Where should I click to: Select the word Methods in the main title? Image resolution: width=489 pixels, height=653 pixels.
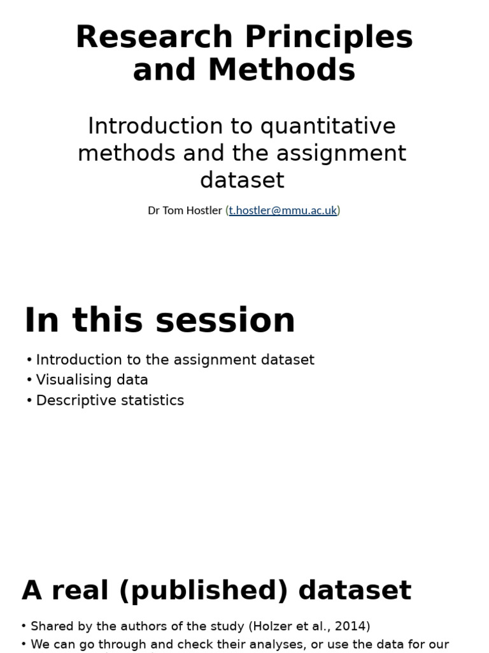tap(281, 70)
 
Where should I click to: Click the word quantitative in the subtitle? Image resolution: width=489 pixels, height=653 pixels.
tap(328, 126)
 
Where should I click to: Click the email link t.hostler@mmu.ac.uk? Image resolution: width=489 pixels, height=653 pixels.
tap(283, 210)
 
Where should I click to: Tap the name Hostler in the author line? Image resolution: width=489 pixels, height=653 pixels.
tap(203, 210)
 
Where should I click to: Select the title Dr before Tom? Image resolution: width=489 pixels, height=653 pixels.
tap(153, 210)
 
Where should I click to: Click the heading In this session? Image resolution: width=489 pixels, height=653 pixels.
tap(160, 320)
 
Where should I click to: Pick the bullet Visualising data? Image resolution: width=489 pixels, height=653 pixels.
tap(92, 380)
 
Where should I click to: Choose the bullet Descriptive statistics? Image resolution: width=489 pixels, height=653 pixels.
tap(110, 400)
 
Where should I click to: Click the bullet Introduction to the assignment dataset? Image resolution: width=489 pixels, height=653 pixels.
tap(175, 360)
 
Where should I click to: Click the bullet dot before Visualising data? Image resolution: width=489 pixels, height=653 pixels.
tap(29, 380)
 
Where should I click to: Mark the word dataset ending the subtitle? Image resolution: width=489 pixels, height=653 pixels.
tap(242, 180)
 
